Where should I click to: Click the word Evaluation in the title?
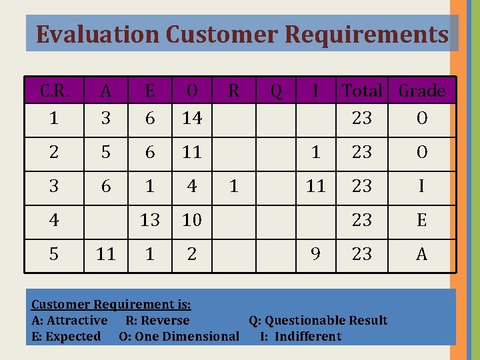click(x=98, y=34)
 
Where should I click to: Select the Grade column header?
click(x=422, y=91)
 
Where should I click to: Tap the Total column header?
click(x=362, y=91)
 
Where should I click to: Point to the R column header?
click(x=233, y=91)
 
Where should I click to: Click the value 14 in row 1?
click(x=192, y=119)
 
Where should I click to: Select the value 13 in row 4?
click(x=150, y=220)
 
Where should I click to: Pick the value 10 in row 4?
click(x=192, y=220)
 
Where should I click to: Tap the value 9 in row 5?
click(x=316, y=254)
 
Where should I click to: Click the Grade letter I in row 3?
click(x=421, y=187)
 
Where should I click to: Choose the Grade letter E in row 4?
click(x=421, y=220)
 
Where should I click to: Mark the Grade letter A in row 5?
click(x=421, y=254)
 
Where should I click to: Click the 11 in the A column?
click(x=106, y=254)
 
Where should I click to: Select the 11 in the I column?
click(x=316, y=187)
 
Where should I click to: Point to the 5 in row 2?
click(x=106, y=153)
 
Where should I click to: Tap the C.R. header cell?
click(x=54, y=91)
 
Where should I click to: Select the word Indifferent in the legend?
click(x=307, y=337)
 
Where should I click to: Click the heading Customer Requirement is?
click(x=111, y=305)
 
